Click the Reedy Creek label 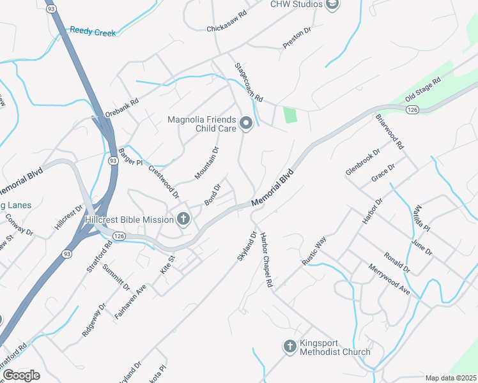click(x=93, y=31)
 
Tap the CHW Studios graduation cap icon click(x=332, y=5)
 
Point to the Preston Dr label click(x=297, y=38)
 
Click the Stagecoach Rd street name click(x=249, y=82)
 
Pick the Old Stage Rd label click(x=423, y=91)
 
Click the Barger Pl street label click(x=130, y=157)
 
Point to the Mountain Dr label click(x=207, y=163)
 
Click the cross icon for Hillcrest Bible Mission click(x=183, y=220)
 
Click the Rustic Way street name click(x=314, y=251)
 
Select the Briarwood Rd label click(x=390, y=131)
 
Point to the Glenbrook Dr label click(x=362, y=162)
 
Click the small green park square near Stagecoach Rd click(x=291, y=116)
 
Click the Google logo click(x=21, y=375)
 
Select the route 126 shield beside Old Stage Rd click(x=412, y=110)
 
